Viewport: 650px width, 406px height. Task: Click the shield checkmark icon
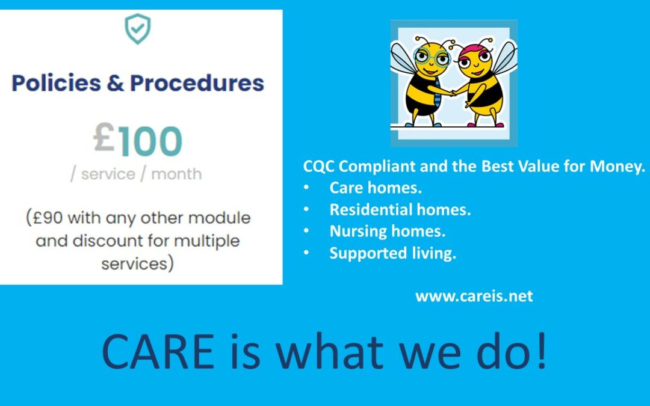[138, 29]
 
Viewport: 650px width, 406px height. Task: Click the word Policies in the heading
[57, 83]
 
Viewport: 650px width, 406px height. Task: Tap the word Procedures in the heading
[197, 83]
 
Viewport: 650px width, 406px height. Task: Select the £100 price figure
[138, 140]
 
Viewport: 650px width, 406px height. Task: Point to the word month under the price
[176, 174]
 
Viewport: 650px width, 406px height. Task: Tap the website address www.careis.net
[474, 296]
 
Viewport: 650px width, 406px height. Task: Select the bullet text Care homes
[376, 188]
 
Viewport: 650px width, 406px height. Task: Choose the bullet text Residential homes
[400, 210]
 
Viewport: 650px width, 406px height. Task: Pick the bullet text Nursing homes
[388, 231]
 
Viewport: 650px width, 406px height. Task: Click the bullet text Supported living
[392, 253]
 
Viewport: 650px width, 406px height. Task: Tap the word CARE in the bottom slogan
[158, 352]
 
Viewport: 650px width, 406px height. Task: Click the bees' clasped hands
[453, 93]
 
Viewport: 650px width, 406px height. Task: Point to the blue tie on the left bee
[436, 94]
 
